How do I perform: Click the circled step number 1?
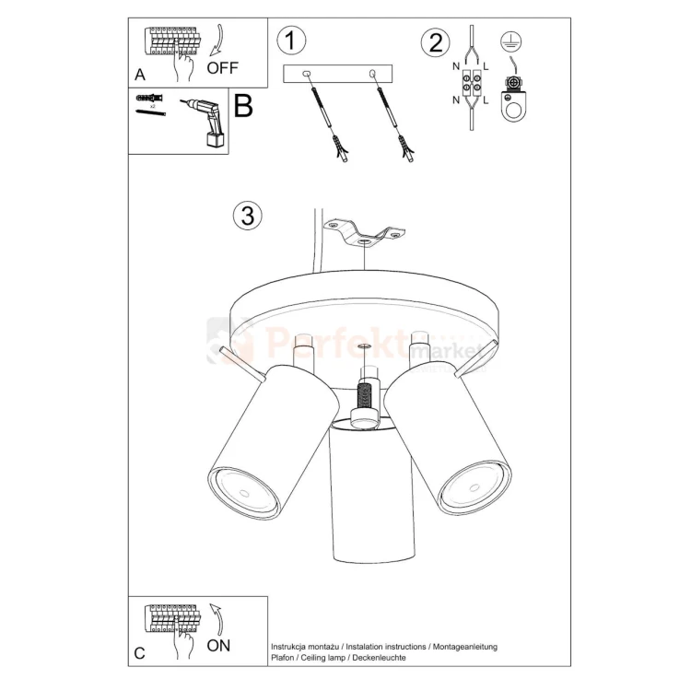pyautogui.click(x=290, y=41)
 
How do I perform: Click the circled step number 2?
pyautogui.click(x=434, y=42)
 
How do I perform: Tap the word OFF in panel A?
pyautogui.click(x=223, y=68)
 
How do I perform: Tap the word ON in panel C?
pyautogui.click(x=218, y=645)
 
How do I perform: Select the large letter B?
pyautogui.click(x=243, y=107)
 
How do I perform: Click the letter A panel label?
pyautogui.click(x=139, y=73)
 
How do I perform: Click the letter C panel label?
pyautogui.click(x=139, y=654)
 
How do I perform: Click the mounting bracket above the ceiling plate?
pyautogui.click(x=362, y=233)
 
